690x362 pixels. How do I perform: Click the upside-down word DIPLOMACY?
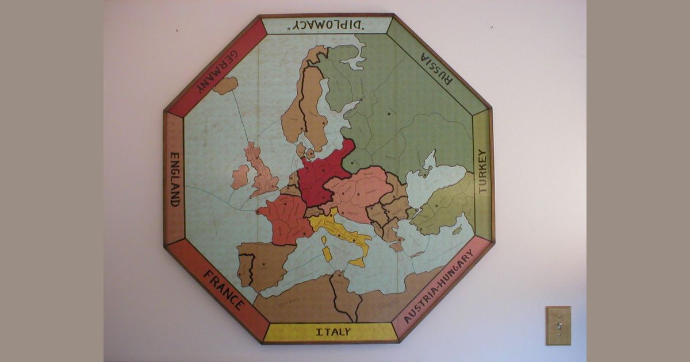click(326, 25)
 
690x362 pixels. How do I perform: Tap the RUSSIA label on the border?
click(437, 68)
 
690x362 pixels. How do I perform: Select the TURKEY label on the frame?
click(482, 171)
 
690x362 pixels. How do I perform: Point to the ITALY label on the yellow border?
click(333, 332)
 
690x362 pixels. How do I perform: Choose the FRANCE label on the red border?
click(223, 290)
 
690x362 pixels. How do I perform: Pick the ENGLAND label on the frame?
click(174, 179)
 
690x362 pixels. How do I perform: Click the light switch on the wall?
click(558, 325)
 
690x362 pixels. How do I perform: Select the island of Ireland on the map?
click(240, 177)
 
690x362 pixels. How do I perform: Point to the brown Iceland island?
click(225, 86)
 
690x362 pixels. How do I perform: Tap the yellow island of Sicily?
click(357, 263)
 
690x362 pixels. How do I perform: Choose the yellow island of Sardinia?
click(327, 253)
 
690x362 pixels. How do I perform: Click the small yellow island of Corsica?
click(324, 240)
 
